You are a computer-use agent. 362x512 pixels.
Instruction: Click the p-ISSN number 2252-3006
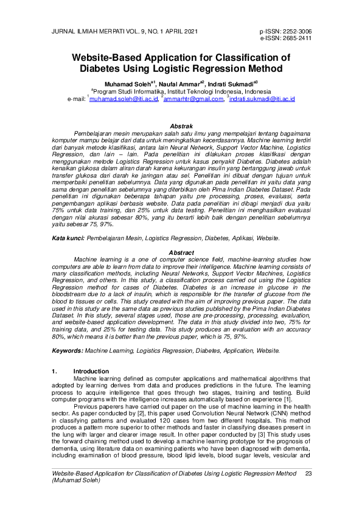point(296,30)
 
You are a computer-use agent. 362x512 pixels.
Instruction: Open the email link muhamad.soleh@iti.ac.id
point(124,98)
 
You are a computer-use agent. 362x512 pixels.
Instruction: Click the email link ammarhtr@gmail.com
point(194,98)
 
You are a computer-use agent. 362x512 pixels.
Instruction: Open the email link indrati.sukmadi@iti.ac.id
point(262,98)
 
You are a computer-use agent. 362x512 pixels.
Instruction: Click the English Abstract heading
point(181,252)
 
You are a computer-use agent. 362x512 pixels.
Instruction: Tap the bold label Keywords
point(67,351)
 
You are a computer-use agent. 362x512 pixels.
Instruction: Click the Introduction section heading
point(91,371)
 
